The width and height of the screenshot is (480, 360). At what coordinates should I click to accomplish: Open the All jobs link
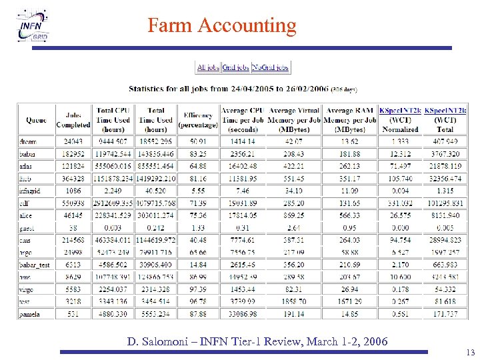pos(208,67)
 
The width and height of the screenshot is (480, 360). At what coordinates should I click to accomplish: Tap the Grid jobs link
pos(235,67)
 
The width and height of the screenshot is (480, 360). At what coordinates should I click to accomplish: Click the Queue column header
pos(36,121)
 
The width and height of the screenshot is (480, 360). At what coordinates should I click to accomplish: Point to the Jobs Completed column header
pos(73,120)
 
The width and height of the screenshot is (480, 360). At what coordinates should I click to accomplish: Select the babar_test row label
pos(35,265)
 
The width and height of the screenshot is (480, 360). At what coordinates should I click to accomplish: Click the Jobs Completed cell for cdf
pos(73,202)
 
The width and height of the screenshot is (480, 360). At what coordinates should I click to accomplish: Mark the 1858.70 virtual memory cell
pos(293,301)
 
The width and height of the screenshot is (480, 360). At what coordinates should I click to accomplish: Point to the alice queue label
pos(27,214)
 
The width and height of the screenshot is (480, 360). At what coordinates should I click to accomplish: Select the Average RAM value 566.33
pos(349,214)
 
